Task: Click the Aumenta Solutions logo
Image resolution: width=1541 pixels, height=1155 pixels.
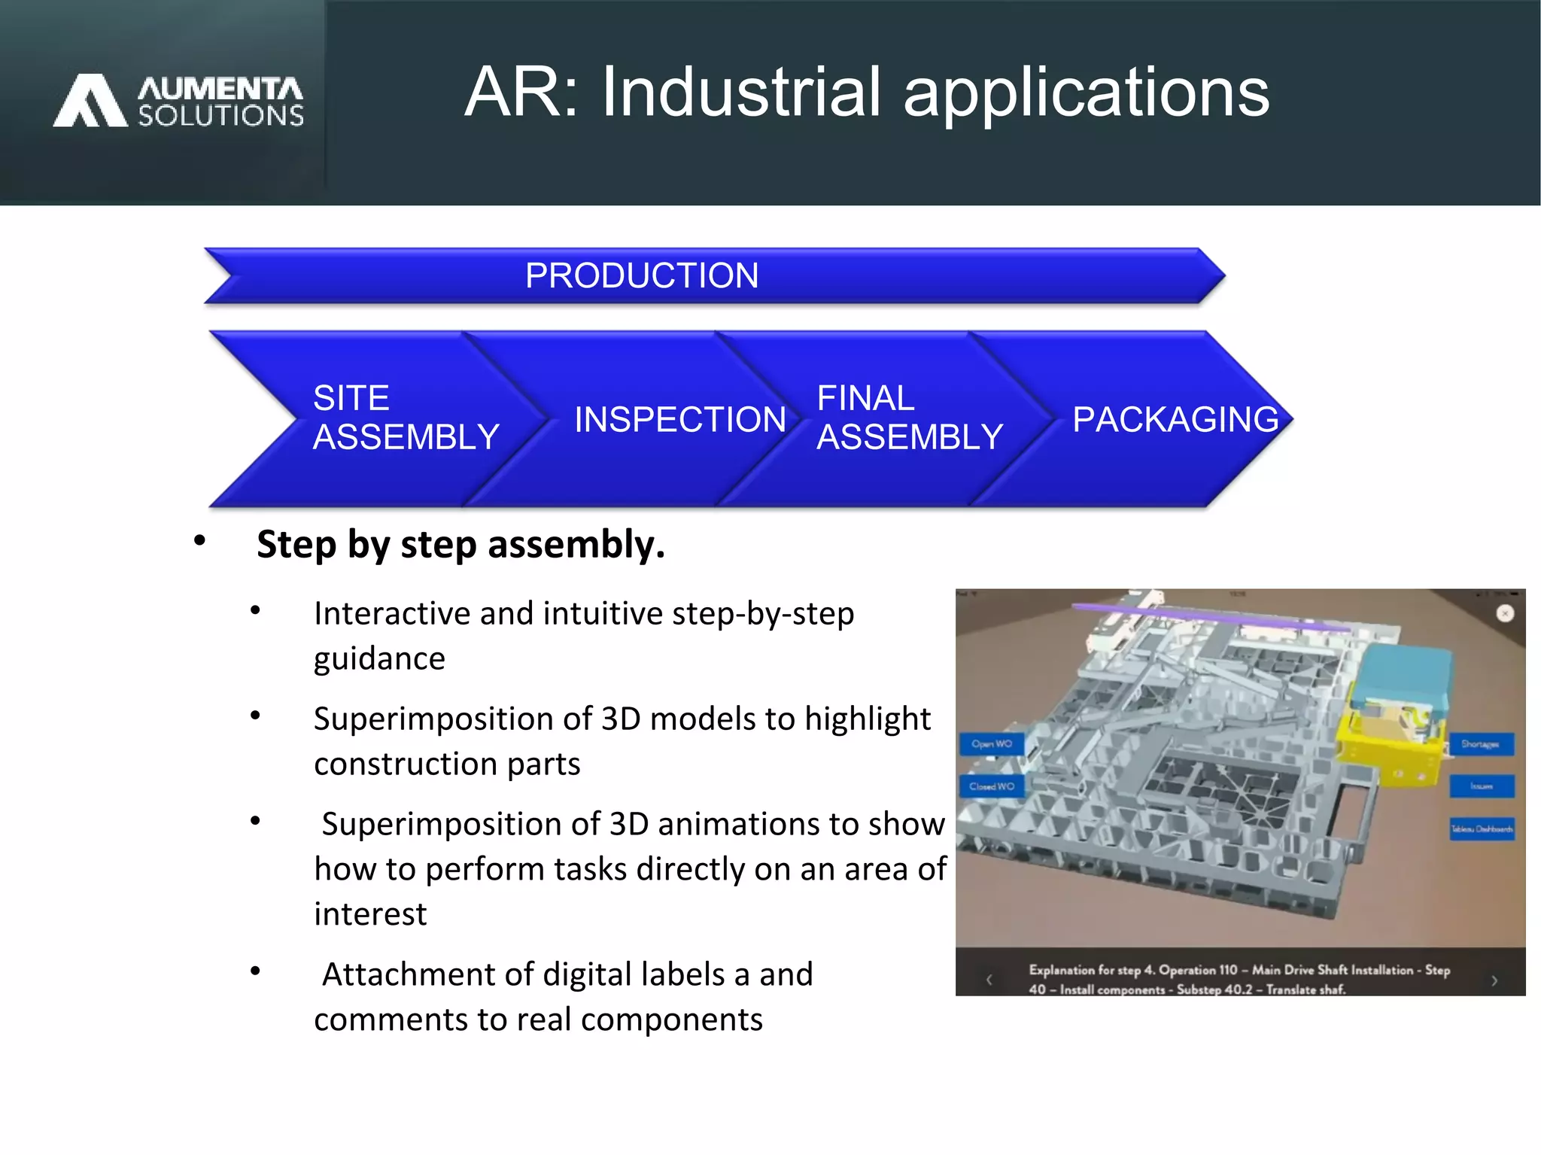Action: (x=179, y=100)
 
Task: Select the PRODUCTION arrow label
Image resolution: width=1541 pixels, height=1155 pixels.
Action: (x=642, y=275)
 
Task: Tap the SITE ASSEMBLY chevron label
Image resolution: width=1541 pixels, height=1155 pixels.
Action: (x=406, y=418)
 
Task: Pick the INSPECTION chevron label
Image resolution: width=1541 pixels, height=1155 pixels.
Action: (x=680, y=420)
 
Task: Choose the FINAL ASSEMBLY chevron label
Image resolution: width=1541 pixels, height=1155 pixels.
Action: (x=910, y=418)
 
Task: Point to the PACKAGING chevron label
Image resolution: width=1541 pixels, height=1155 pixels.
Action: (x=1175, y=420)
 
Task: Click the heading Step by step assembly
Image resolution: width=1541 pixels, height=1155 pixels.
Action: (x=460, y=544)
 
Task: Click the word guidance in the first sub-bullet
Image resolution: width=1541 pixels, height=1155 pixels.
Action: (x=379, y=658)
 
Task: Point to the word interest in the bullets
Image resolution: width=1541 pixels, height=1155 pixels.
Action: (x=370, y=914)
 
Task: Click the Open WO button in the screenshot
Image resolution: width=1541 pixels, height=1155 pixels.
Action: (x=992, y=744)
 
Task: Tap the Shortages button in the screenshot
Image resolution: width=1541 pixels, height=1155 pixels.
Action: (x=1480, y=744)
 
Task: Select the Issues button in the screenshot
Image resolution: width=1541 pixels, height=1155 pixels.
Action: (x=1482, y=786)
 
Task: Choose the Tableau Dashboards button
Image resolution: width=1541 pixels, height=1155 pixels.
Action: (x=1482, y=829)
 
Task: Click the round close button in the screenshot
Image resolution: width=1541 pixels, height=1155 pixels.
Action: (x=1505, y=614)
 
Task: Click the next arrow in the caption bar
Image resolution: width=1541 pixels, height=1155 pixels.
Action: (x=1494, y=980)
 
